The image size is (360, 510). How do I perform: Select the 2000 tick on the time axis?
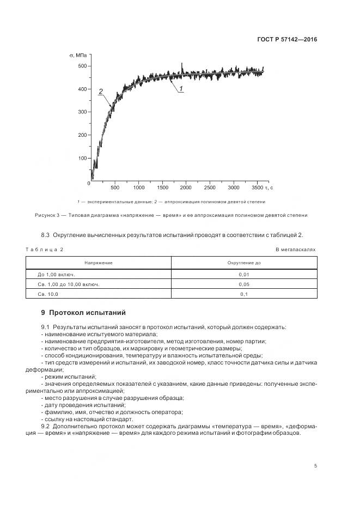coord(186,187)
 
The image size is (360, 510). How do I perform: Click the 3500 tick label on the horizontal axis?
coord(258,187)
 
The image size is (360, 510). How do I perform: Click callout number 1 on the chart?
coord(181,88)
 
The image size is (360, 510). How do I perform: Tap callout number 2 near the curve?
coord(101,92)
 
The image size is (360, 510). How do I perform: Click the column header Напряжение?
coord(99,263)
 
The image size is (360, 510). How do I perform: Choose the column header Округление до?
coord(244,263)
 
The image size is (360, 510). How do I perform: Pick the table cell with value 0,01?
coord(244,275)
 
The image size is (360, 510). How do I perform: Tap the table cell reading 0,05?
coord(244,284)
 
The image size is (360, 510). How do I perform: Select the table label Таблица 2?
coord(44,249)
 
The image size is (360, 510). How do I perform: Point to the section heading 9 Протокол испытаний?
coord(83,313)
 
